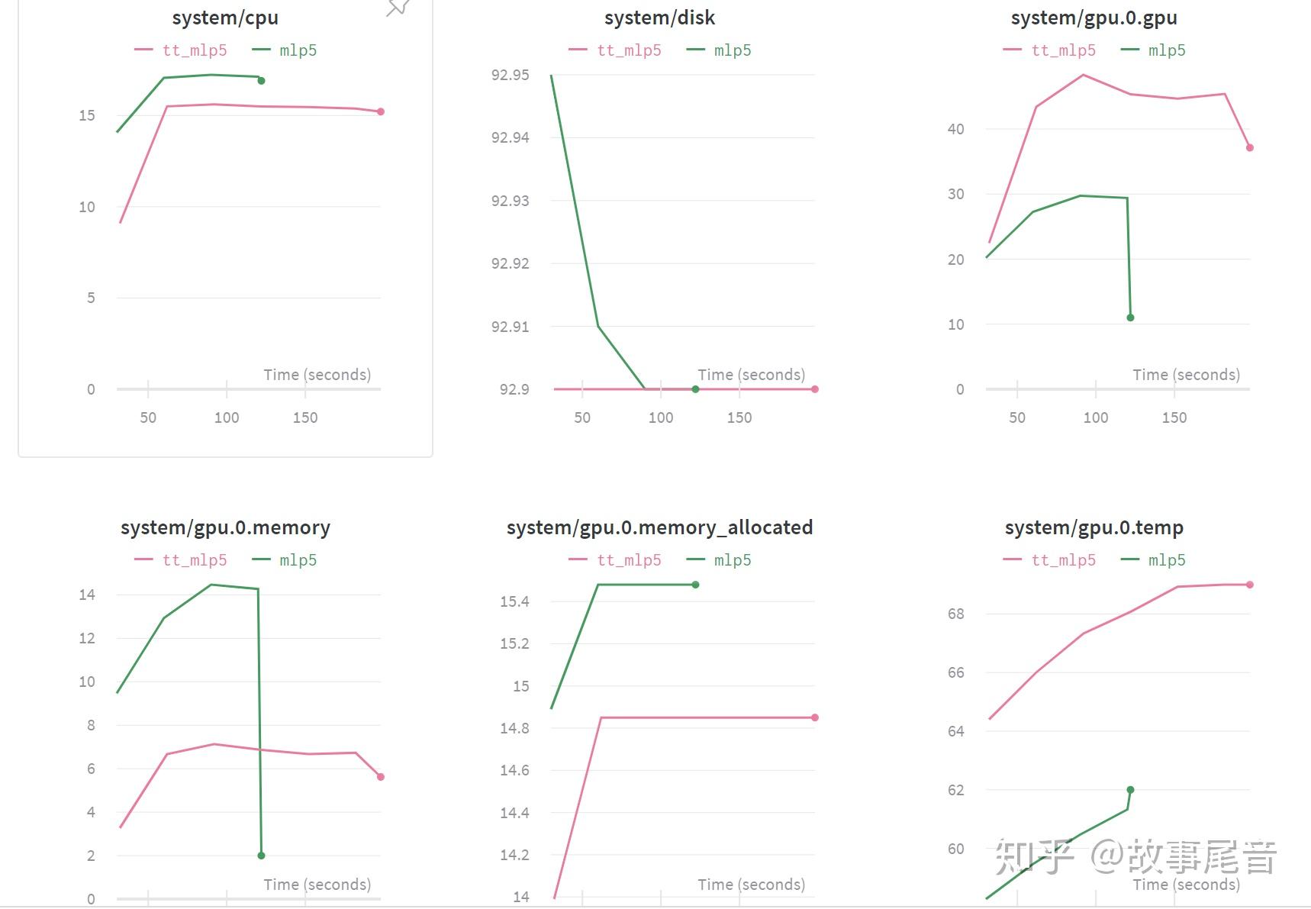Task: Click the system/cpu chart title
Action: [225, 18]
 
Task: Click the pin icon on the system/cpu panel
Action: [398, 7]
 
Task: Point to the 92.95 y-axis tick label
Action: [510, 75]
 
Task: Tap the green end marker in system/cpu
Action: [261, 81]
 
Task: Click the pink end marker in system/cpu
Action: [381, 111]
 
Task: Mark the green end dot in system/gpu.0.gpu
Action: [1130, 318]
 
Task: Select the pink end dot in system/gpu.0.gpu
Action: [1250, 147]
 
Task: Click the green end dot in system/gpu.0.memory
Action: [261, 856]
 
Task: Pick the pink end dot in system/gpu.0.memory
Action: [381, 777]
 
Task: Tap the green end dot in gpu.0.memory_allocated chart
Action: [695, 585]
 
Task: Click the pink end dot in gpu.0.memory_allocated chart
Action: [815, 717]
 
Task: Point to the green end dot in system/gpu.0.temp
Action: [1130, 790]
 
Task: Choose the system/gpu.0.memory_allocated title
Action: [659, 527]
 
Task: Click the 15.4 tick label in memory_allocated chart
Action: [514, 601]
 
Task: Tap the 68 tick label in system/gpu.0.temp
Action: [955, 614]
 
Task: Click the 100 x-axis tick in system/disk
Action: [661, 417]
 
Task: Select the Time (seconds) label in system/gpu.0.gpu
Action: [1186, 375]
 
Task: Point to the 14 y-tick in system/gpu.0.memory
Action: [87, 595]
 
